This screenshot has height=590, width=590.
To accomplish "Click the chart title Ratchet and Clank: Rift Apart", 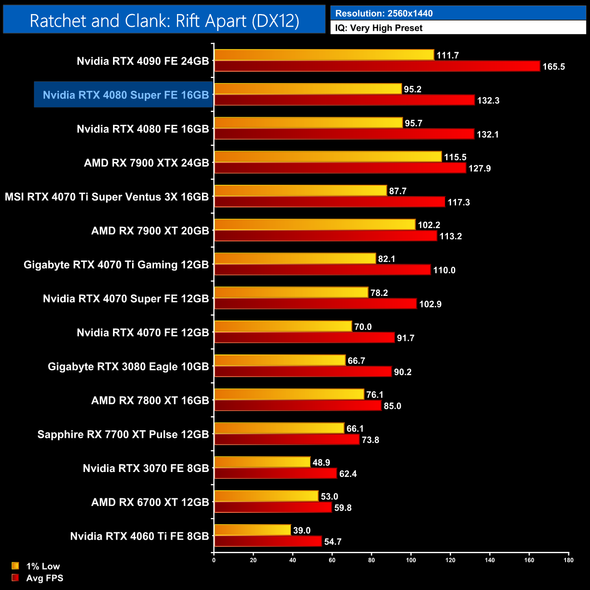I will click(164, 21).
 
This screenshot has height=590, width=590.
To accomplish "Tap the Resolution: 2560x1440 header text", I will click(384, 14).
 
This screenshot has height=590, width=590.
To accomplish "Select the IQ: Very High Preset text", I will click(379, 28).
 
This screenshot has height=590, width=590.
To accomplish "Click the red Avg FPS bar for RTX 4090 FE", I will click(377, 66).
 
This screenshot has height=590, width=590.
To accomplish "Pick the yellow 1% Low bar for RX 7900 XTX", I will click(328, 157).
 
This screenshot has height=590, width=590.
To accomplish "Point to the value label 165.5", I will click(553, 67).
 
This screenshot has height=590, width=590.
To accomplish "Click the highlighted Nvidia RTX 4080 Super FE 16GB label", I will click(126, 95).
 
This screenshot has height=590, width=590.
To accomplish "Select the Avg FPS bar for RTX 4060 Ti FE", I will click(268, 541).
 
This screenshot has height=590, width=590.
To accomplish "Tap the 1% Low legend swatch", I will click(15, 566).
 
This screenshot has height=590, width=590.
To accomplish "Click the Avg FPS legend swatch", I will click(15, 578).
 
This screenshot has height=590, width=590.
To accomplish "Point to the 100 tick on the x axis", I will click(411, 560).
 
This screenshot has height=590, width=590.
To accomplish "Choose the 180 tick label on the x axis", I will click(569, 560).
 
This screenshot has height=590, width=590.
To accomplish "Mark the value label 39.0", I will click(302, 531).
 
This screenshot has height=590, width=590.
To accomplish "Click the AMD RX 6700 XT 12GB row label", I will click(150, 502).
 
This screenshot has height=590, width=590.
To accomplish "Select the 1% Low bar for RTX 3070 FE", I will click(262, 462).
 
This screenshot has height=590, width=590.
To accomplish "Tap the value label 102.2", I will click(429, 225).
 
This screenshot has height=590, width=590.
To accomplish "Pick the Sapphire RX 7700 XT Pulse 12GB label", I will click(123, 434).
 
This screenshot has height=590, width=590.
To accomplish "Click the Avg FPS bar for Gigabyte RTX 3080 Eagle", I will click(303, 372).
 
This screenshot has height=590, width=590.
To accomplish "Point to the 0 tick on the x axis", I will click(214, 560).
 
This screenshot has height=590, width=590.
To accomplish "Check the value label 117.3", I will click(458, 202).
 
